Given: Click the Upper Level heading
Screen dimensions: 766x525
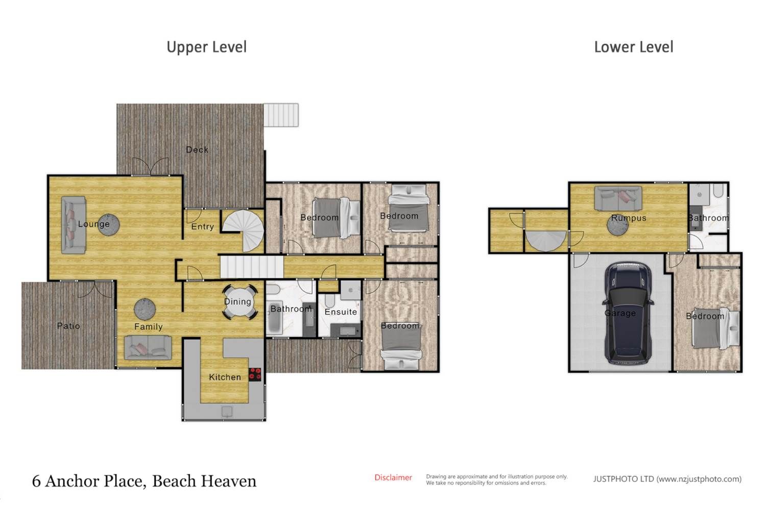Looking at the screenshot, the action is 206,47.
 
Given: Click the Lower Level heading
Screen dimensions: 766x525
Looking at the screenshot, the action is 634,47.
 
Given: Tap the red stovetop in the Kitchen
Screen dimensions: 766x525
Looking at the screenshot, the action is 255,374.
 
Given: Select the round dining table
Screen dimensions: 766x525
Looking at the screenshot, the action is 240,302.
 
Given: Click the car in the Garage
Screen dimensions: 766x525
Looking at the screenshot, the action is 628,313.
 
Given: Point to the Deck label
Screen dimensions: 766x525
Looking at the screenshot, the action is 197,150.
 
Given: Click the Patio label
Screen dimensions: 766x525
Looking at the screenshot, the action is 68,326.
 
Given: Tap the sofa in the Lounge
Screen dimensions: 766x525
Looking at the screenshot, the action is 73,225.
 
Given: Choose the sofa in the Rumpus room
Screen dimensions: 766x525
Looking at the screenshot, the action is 618,198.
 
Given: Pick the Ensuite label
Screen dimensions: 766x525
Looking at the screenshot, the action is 341,312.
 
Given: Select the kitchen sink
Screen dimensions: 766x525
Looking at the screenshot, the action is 227,412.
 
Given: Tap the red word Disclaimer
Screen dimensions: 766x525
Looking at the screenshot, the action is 393,478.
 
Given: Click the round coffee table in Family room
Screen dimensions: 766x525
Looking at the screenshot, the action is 145,309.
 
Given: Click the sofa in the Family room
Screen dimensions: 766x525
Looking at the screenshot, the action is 148,347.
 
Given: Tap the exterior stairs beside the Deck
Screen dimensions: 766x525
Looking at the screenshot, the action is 281,115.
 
